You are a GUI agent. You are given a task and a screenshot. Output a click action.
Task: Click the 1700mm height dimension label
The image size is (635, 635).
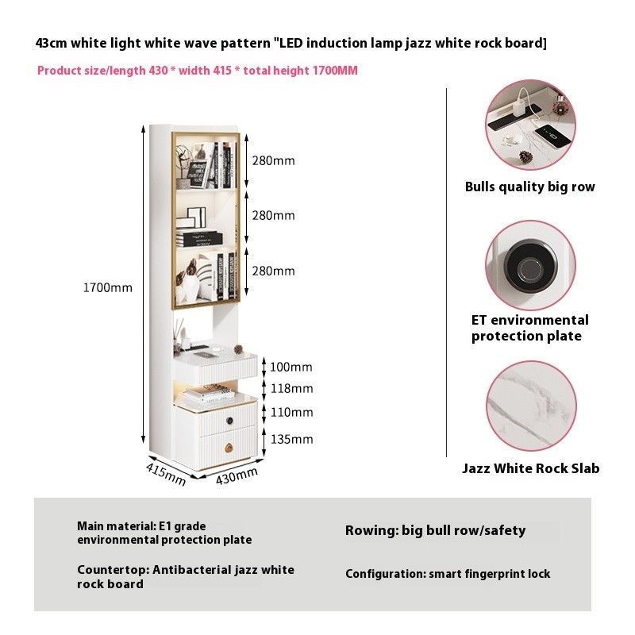click(108, 287)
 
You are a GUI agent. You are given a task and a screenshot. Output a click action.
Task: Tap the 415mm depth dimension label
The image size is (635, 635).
click(166, 474)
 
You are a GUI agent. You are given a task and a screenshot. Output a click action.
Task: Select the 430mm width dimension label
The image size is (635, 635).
click(237, 475)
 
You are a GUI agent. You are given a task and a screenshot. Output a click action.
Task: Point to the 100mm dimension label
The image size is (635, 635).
click(291, 367)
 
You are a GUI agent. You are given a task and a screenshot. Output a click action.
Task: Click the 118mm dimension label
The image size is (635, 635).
click(291, 388)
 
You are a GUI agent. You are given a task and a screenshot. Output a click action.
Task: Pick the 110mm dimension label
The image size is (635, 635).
click(291, 412)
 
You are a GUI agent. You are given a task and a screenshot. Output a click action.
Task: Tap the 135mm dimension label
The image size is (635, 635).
click(291, 439)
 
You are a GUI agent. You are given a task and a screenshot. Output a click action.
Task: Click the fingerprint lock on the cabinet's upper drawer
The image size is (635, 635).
click(229, 421)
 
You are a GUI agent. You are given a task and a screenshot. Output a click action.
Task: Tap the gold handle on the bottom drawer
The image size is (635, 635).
click(229, 448)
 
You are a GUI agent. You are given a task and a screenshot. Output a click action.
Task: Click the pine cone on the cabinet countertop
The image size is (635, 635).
click(237, 349)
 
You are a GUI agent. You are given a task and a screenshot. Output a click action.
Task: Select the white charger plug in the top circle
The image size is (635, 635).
click(518, 108)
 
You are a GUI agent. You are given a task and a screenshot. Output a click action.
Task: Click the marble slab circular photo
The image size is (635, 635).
click(531, 406)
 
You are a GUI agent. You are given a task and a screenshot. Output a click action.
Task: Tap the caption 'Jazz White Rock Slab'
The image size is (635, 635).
click(530, 468)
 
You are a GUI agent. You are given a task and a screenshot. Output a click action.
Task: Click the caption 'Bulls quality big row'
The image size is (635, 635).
click(529, 187)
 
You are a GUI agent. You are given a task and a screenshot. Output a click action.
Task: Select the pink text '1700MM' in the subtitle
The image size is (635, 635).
click(335, 71)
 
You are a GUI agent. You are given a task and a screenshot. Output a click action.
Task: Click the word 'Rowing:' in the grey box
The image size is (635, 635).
click(371, 530)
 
